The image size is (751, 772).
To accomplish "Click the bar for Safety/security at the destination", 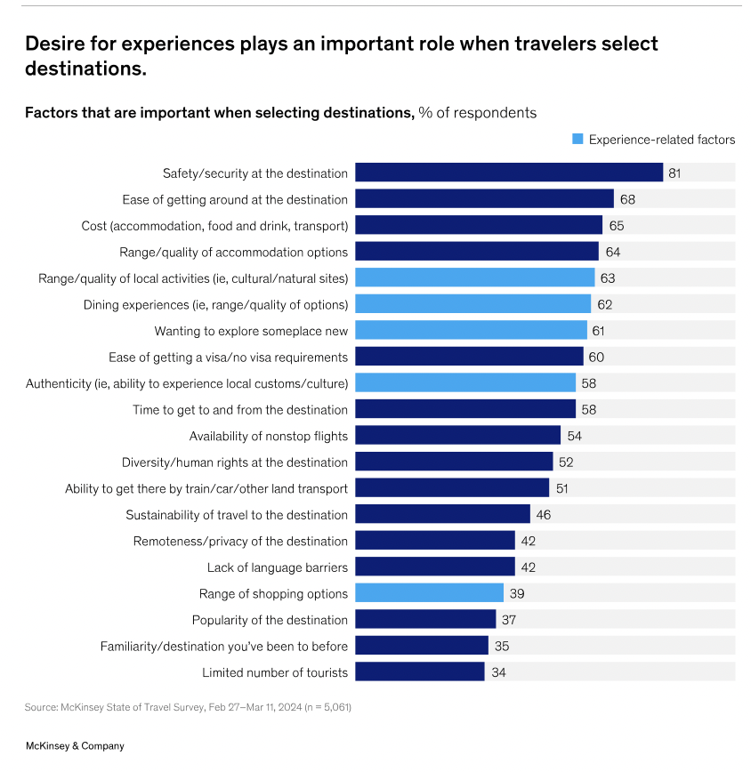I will point(509,173).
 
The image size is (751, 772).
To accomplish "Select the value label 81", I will point(674,173).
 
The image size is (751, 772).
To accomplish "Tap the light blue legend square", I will point(577,140).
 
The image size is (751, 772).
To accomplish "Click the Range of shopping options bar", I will point(430,593).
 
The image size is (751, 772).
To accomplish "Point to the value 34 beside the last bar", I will point(498,672).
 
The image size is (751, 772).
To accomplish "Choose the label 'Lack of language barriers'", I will point(277,567).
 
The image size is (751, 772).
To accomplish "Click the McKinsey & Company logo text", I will point(75,746).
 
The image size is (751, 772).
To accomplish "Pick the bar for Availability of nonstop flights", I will point(457,436).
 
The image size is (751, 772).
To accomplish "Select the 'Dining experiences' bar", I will point(472,304).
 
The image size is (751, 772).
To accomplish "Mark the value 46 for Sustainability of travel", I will point(544,515).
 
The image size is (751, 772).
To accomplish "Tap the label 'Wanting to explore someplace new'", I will point(251,331).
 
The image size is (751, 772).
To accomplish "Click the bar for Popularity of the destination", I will point(425,620).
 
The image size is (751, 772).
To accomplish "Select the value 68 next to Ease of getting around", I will point(627,199).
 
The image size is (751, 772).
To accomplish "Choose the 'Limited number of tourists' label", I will point(275,672).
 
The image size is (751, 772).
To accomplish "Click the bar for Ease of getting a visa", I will point(469,357).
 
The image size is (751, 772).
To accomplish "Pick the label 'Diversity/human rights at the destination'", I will point(235,462).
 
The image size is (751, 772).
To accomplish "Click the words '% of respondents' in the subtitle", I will point(478,113).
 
